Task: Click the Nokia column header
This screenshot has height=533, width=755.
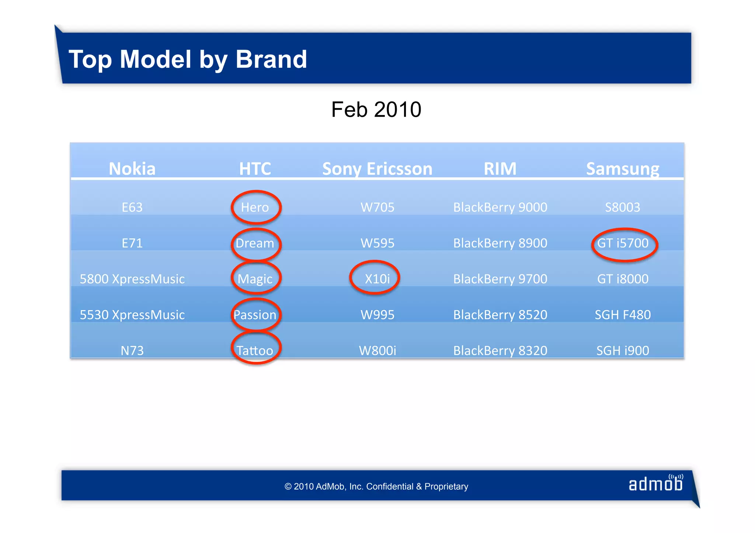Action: [132, 169]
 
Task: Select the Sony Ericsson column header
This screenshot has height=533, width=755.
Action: [377, 169]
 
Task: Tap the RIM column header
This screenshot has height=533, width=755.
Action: [500, 169]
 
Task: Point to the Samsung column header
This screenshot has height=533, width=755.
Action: [623, 169]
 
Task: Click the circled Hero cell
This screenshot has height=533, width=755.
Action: [255, 207]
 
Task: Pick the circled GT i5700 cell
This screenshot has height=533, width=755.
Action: [623, 243]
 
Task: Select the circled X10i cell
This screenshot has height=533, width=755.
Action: [377, 279]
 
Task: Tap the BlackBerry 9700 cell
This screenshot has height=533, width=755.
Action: [500, 279]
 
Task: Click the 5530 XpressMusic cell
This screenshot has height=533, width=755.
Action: [132, 315]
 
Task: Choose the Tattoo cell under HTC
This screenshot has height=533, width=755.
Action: [255, 350]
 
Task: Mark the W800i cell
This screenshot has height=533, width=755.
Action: [377, 350]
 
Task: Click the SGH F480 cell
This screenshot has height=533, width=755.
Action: [623, 315]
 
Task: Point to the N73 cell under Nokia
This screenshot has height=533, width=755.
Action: [132, 350]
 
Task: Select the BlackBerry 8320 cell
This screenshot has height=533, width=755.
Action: [500, 350]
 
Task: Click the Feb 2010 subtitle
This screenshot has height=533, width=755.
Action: [376, 110]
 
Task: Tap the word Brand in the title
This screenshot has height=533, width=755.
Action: [271, 59]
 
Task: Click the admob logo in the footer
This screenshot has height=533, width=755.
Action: [655, 483]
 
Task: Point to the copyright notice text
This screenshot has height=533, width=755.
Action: [376, 487]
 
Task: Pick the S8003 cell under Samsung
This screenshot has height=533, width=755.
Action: [623, 207]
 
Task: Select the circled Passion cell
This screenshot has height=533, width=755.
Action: [255, 315]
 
